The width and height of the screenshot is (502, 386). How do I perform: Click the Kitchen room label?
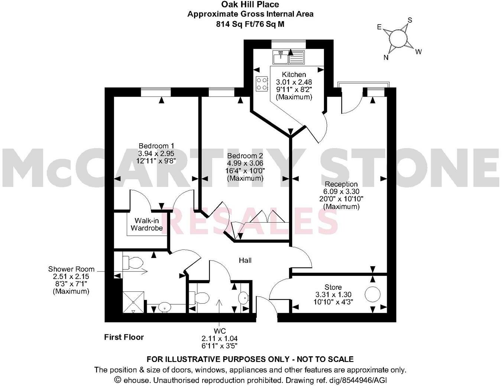(294, 75)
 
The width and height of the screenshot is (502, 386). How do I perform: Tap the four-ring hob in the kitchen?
(262, 83)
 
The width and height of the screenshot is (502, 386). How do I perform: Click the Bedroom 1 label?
(156, 146)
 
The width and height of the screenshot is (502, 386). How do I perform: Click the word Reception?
(341, 184)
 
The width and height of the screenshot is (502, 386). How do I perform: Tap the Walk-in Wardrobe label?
(147, 224)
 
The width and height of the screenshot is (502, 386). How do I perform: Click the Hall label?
(245, 261)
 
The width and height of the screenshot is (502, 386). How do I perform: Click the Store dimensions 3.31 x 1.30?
(333, 295)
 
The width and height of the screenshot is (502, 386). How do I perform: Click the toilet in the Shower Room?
(132, 263)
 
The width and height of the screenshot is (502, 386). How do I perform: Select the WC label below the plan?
(219, 331)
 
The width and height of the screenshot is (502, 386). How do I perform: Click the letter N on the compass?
(386, 57)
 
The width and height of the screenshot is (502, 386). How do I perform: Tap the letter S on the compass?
(410, 20)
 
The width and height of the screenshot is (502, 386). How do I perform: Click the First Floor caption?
(124, 337)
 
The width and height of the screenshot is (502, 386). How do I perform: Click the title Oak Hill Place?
(250, 5)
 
